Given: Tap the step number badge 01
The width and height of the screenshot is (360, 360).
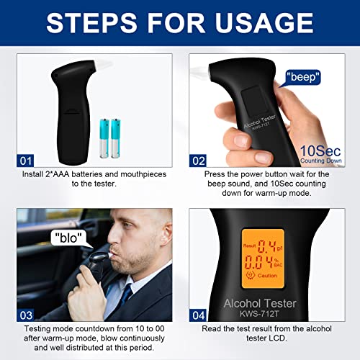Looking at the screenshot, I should coord(27,160).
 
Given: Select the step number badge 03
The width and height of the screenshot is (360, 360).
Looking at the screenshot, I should coord(27,315).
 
